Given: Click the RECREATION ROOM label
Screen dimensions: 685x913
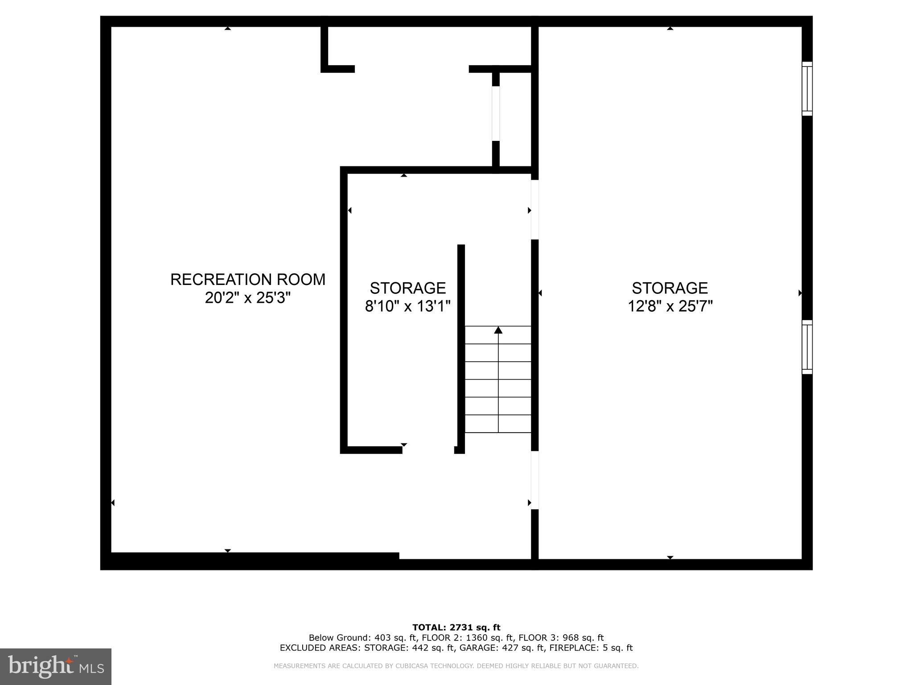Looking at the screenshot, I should pos(248,280).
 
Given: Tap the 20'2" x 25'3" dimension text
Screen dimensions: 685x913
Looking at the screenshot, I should pos(248,297).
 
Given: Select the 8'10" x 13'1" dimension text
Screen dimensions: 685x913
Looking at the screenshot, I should pos(408,306).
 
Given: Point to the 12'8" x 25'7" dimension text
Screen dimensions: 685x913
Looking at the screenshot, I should pos(670,306).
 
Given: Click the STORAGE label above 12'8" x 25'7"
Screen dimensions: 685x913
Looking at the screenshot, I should pos(670,288).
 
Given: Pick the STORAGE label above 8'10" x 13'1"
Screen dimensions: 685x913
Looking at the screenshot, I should pos(408,288).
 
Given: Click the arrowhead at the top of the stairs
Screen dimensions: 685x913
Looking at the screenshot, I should pos(498,330).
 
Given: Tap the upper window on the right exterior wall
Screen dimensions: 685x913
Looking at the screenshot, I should pos(807,88).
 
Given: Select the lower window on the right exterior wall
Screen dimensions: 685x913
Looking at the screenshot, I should pos(807,347).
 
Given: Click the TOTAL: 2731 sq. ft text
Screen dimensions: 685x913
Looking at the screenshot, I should pos(456,628).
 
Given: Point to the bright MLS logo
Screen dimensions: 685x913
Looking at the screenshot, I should pos(56,667).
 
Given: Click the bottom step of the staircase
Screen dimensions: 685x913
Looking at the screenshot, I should pos(498,424).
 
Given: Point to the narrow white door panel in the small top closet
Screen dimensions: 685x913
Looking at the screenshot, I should pos(496,114).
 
